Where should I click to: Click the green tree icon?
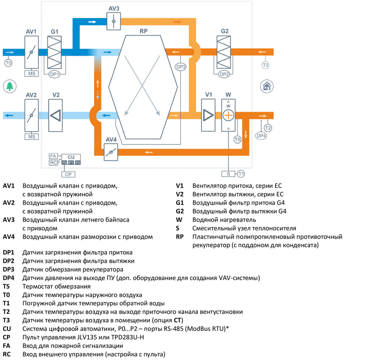[x=9, y=86]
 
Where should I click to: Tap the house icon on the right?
[x=266, y=85]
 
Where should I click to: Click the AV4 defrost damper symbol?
[x=111, y=152]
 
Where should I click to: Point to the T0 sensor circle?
[x=8, y=63]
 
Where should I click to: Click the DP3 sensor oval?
[x=181, y=67]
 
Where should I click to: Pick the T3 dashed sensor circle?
[x=265, y=65]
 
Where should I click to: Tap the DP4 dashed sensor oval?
[x=262, y=135]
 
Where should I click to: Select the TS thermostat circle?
[x=237, y=139]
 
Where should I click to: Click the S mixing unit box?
[x=229, y=174]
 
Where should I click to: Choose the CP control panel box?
[x=68, y=174]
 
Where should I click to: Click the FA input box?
[x=53, y=157]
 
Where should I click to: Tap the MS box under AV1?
[x=32, y=73]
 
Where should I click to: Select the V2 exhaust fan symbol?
[x=56, y=115]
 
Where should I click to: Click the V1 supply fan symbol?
[x=209, y=115]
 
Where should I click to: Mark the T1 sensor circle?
[x=241, y=174]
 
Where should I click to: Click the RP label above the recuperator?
[x=144, y=32]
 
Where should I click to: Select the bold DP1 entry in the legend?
[x=9, y=253]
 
